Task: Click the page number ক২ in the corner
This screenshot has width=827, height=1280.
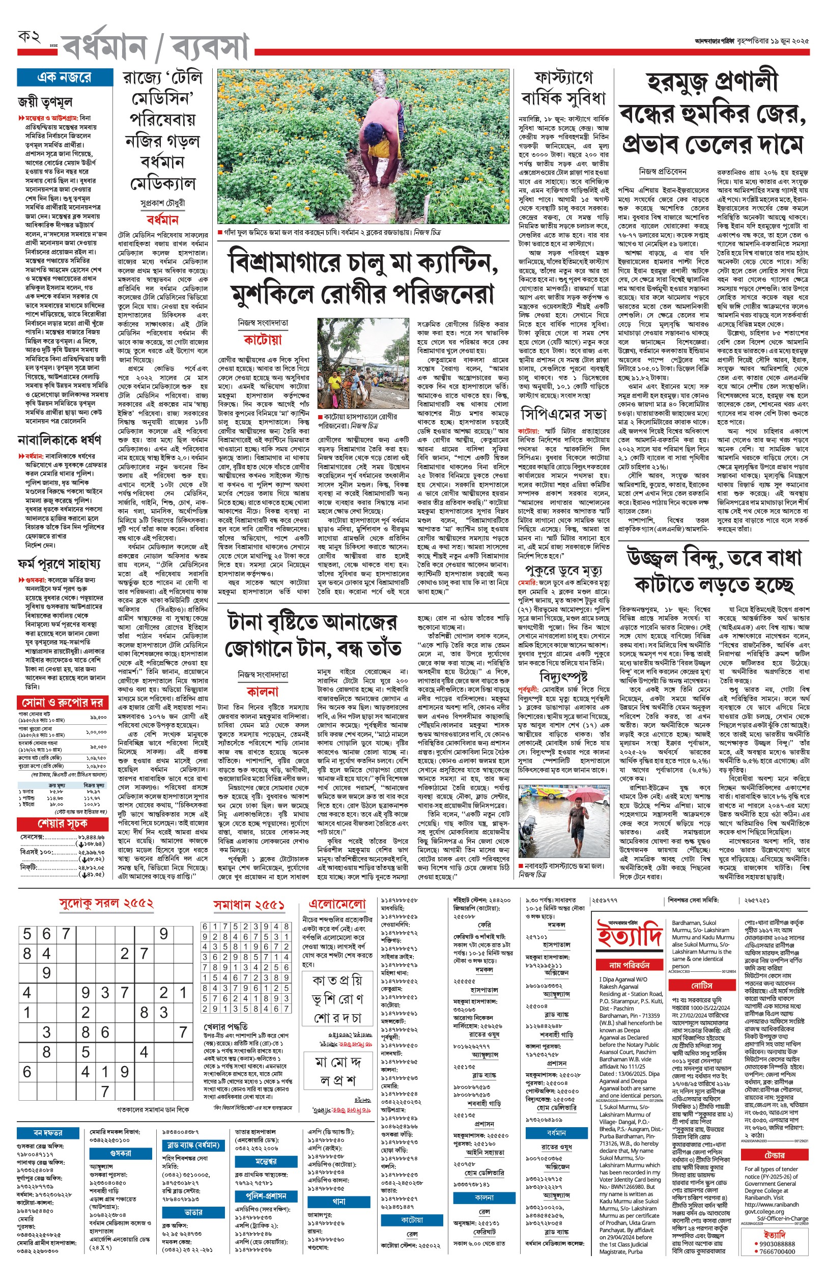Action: pos(30,38)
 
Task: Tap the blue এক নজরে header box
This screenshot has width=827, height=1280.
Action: pos(64,77)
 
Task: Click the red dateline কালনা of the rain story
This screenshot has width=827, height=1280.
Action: pos(263,691)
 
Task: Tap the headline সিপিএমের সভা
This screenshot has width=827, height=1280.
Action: pos(563,414)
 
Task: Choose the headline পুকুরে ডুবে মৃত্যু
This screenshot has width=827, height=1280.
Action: pos(563,569)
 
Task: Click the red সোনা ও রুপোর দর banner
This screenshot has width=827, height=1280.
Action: pos(63,702)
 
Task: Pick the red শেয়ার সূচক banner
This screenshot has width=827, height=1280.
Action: pos(63,824)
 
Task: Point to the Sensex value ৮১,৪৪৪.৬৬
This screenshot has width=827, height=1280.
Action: pos(91,837)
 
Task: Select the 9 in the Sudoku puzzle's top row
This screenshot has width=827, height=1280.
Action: pos(164,934)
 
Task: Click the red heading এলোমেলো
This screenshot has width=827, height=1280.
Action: pos(337,905)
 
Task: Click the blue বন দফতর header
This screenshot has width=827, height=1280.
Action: pos(48,1132)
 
